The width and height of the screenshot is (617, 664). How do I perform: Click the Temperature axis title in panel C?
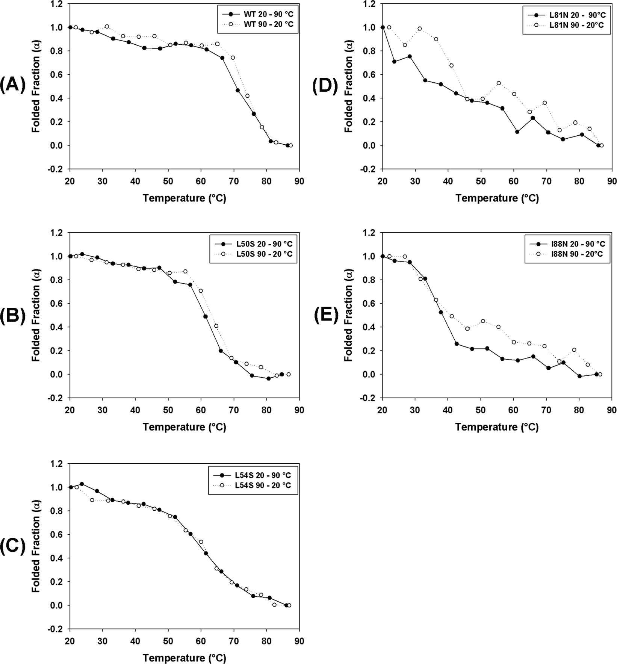[184, 658]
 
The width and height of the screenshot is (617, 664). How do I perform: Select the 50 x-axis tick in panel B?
[168, 410]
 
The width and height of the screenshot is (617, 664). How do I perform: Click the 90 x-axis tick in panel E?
[612, 410]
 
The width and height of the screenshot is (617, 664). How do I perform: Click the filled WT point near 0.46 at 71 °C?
[237, 90]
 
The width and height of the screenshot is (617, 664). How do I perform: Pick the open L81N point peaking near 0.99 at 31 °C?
[419, 29]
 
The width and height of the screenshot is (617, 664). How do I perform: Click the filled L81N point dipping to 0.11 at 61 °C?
[517, 132]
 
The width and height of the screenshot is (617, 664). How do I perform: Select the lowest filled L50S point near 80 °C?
[268, 378]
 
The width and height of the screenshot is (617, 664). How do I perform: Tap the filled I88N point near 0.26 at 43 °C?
[457, 344]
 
